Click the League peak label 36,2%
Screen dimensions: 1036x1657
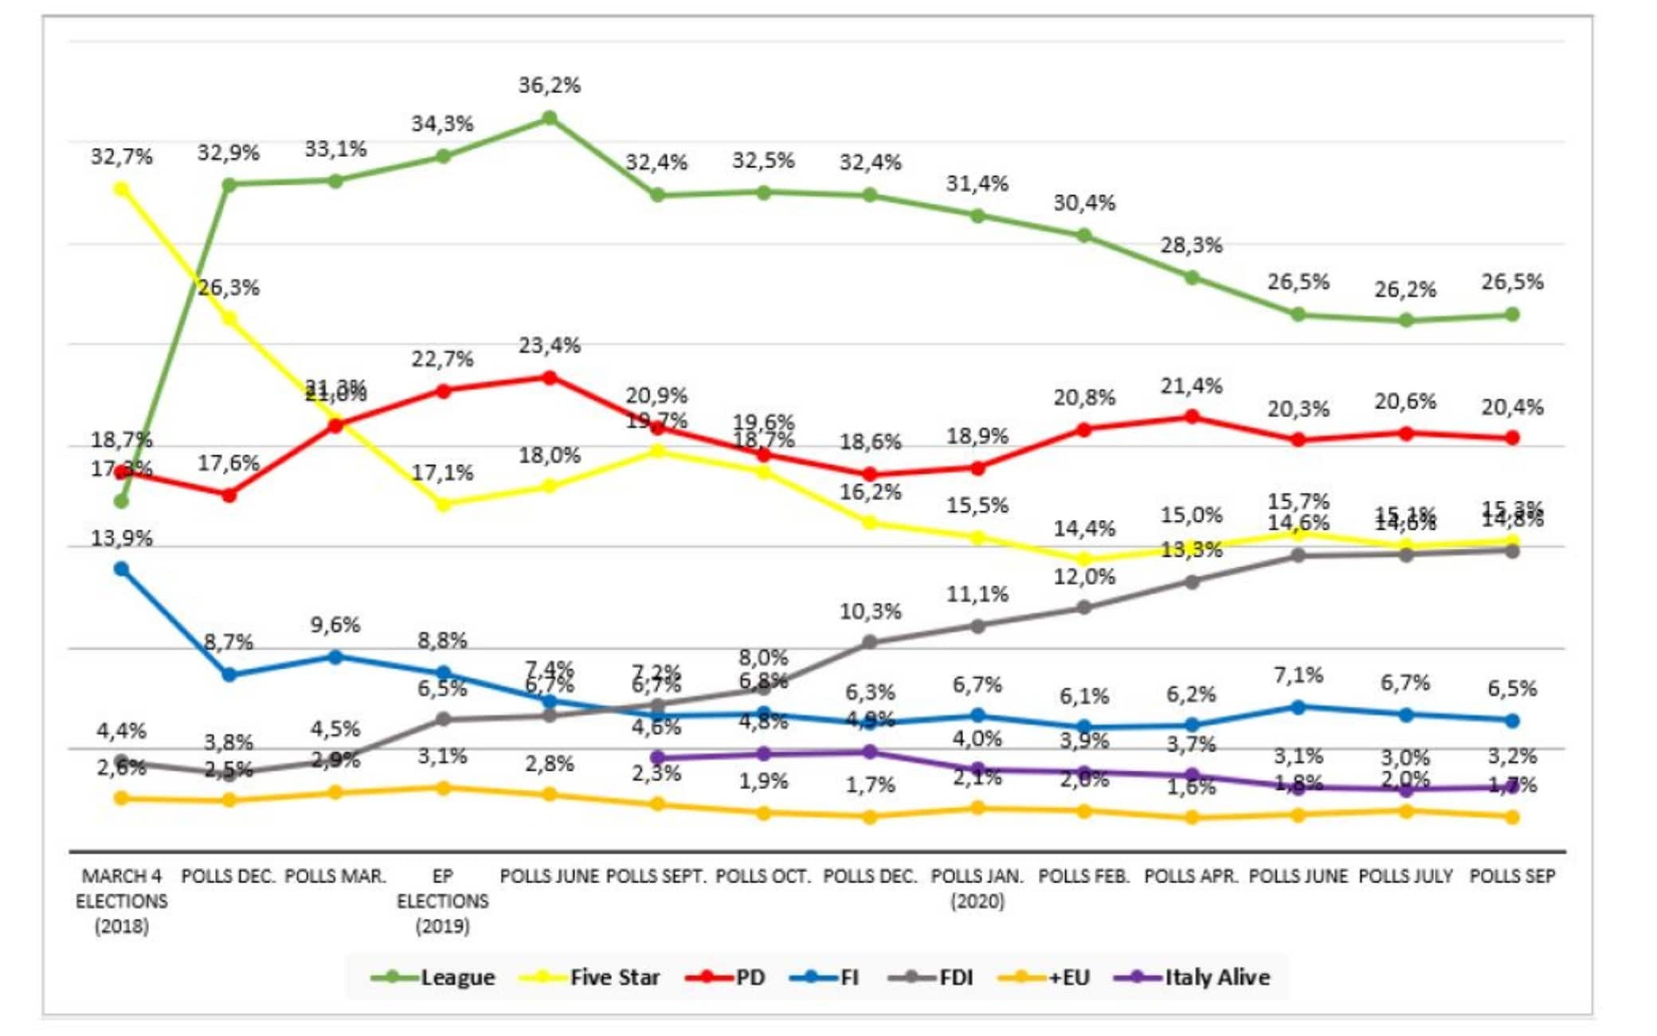(549, 85)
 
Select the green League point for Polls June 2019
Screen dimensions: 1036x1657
(549, 119)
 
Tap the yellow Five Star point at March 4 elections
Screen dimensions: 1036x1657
(121, 189)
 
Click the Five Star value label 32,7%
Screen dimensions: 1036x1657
(121, 156)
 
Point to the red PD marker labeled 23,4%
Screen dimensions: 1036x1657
(549, 377)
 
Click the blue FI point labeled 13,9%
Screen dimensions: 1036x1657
(121, 569)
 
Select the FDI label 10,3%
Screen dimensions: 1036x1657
(870, 612)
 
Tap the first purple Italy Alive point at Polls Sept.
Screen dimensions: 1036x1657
(657, 757)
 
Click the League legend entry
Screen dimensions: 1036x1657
(433, 977)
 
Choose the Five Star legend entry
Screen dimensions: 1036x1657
(590, 977)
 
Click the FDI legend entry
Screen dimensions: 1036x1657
(932, 977)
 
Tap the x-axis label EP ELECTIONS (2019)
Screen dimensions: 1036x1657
(443, 901)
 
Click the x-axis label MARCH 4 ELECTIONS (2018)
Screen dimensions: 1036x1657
(121, 901)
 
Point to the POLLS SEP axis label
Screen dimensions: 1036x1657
(1512, 876)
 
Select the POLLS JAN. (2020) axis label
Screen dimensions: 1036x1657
(977, 888)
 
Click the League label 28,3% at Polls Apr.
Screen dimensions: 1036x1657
(1191, 245)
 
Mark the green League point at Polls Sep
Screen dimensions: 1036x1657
(1512, 315)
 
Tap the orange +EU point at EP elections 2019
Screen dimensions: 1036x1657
(443, 788)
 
